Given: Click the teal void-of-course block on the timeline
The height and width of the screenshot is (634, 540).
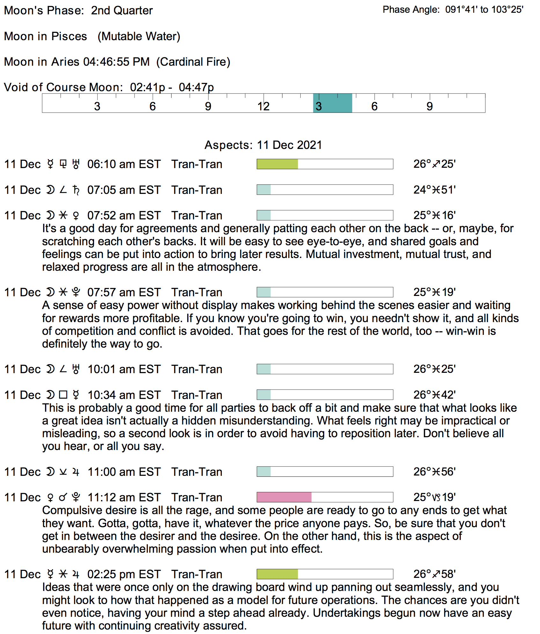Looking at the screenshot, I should click(332, 103).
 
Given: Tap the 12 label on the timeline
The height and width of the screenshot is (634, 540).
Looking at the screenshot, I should click(264, 106).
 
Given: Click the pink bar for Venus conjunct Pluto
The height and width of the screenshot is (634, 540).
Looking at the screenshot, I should click(284, 497).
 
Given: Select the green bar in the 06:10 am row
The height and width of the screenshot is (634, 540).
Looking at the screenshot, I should click(277, 164).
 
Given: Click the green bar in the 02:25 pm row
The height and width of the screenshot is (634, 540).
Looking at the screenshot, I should click(277, 574).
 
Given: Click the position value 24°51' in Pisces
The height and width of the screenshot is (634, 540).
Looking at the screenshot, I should click(434, 190).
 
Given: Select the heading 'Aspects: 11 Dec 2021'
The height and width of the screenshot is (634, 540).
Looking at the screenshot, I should click(263, 145).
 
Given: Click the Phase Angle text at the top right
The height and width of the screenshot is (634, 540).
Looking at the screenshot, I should click(453, 10).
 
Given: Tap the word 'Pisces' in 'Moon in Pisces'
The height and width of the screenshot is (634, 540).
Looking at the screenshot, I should click(69, 36).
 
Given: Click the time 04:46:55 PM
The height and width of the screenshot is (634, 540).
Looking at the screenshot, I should click(116, 62).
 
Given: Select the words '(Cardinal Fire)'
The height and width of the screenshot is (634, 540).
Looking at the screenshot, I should click(193, 62).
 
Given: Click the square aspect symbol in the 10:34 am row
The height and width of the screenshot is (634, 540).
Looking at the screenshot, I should click(63, 395).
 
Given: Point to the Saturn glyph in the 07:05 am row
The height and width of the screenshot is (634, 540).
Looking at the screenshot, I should click(76, 190).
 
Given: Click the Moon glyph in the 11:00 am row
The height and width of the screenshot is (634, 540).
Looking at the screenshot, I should click(50, 472).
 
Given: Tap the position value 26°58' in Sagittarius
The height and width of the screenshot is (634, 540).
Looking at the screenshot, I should click(434, 574).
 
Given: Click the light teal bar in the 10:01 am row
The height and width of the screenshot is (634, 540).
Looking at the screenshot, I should click(264, 369).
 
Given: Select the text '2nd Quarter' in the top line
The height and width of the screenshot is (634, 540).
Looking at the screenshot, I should click(122, 11).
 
